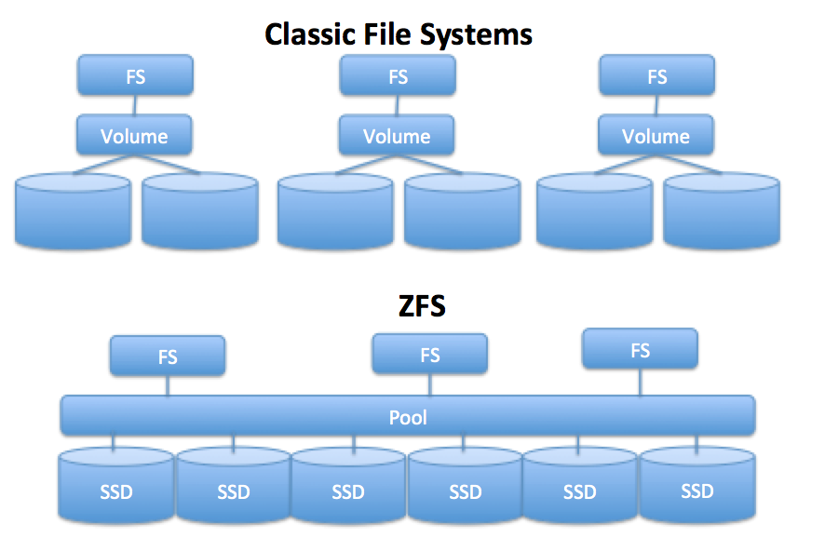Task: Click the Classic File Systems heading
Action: click(x=399, y=34)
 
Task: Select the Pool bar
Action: click(x=408, y=417)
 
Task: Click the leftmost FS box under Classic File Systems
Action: click(x=135, y=75)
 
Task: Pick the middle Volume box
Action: click(x=397, y=136)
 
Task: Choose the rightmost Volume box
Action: click(x=656, y=136)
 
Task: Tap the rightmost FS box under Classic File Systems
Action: click(x=656, y=75)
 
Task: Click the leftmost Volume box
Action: click(x=135, y=136)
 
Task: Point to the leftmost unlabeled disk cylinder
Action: click(x=73, y=210)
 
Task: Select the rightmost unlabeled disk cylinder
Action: click(x=721, y=210)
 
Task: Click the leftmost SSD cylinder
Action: click(x=116, y=490)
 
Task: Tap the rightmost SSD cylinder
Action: click(x=697, y=490)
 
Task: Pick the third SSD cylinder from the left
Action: click(x=348, y=490)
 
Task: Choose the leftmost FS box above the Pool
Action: click(x=168, y=356)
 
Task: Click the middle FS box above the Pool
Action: click(x=429, y=355)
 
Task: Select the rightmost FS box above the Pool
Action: click(x=640, y=350)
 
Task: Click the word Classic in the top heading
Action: click(x=304, y=34)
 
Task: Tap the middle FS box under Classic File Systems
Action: click(x=398, y=75)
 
